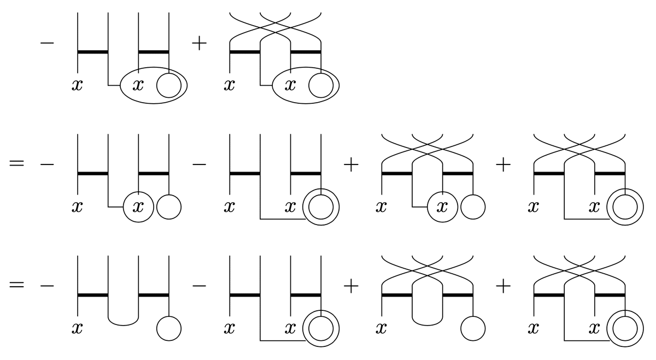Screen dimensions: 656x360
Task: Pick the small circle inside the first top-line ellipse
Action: coord(169,86)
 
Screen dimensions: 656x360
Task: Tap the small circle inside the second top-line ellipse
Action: coord(321,86)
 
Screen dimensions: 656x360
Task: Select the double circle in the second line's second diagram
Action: coord(321,208)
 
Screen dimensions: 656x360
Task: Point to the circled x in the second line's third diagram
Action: coord(442,208)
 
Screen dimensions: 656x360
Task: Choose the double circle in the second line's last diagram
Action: coord(625,208)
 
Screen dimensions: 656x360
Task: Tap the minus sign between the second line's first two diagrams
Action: coord(200,165)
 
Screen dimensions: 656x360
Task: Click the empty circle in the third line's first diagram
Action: coord(169,329)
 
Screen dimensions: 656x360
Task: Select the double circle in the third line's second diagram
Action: coord(321,329)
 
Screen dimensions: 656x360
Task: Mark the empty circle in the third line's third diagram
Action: coord(473,329)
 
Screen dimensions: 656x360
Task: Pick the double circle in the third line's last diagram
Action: coord(625,329)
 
